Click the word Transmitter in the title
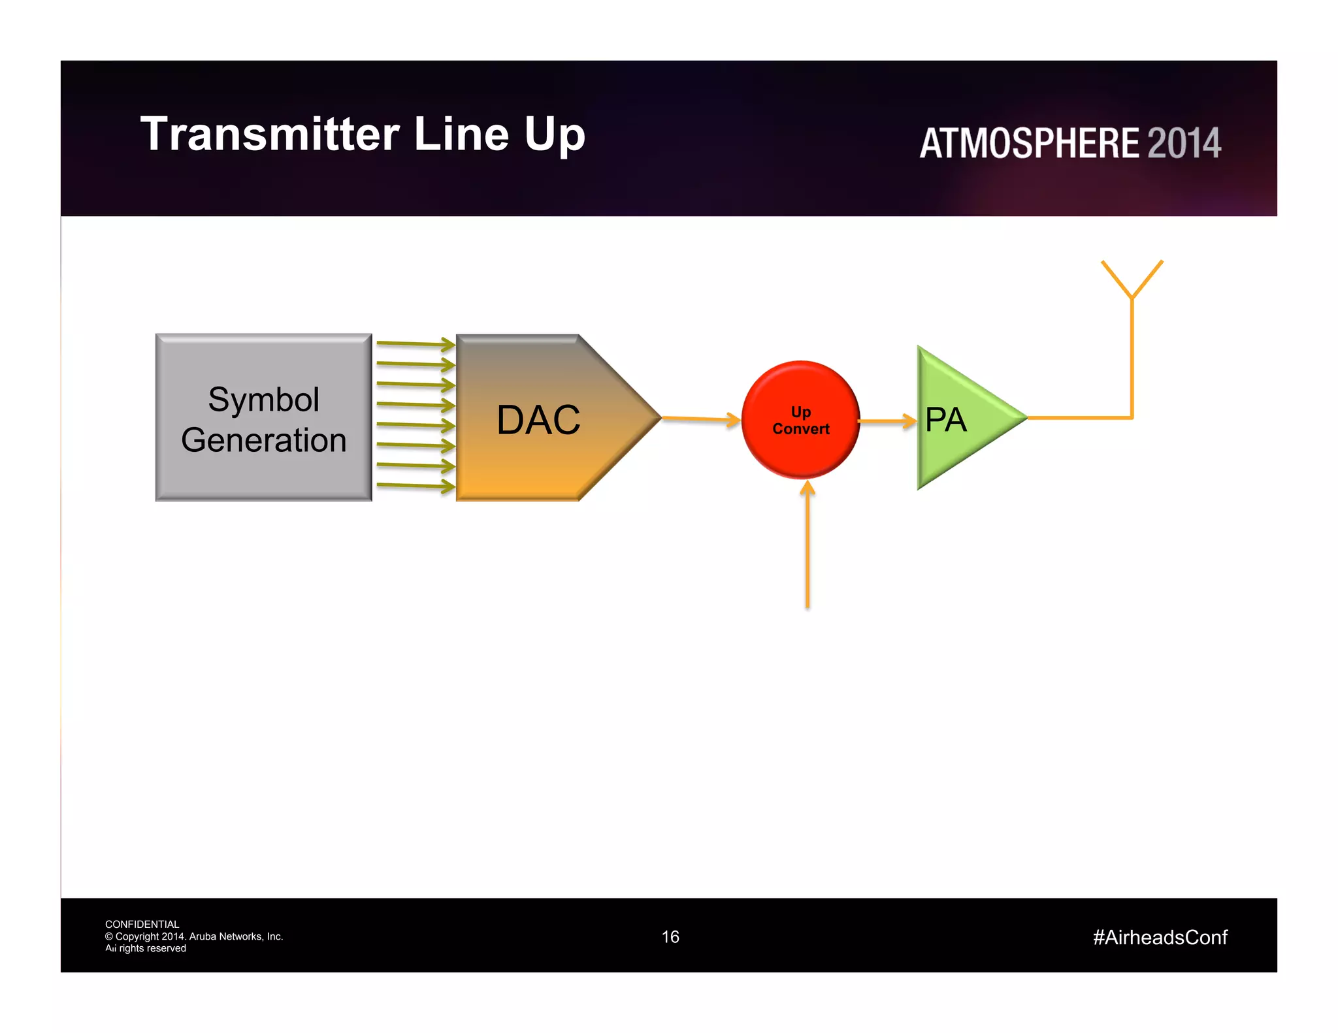coord(269,135)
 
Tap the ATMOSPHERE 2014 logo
coord(1069,143)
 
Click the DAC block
coord(538,419)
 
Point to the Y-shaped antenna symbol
coord(1132,281)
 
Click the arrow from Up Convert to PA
coord(887,421)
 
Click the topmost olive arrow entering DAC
coord(416,343)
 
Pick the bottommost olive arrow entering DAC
coord(416,485)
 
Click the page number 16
coord(670,937)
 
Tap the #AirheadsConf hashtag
coord(1160,938)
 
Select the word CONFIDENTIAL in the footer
coord(142,924)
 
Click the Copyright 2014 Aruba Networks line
coord(194,936)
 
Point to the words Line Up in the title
coord(499,135)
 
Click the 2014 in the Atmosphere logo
coord(1184,143)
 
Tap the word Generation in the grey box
coord(263,440)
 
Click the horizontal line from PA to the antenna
coord(1078,417)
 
